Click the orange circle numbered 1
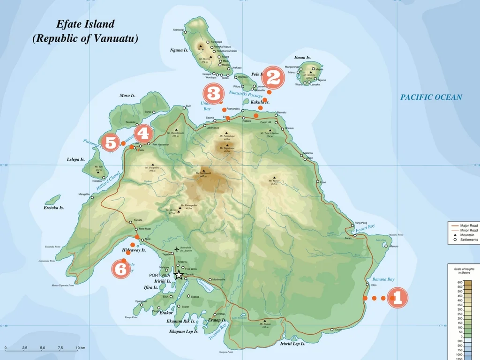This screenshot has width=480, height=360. pos(397,298)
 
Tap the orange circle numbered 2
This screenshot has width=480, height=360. pos(273,77)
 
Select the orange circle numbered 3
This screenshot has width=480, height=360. pos(214,93)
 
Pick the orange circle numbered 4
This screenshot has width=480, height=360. pos(143,134)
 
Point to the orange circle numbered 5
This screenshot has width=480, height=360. pos(110,142)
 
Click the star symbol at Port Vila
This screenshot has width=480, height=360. pos(179,275)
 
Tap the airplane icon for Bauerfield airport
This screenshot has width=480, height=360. pos(176,248)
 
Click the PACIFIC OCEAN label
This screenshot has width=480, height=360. pos(431,97)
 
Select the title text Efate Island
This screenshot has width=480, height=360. pos(85,24)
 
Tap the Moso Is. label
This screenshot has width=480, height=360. pos(127,96)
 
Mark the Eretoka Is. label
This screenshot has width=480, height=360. pos(53,208)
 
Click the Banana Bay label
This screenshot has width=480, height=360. pos(383,279)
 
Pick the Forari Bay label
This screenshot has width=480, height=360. pos(365,228)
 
